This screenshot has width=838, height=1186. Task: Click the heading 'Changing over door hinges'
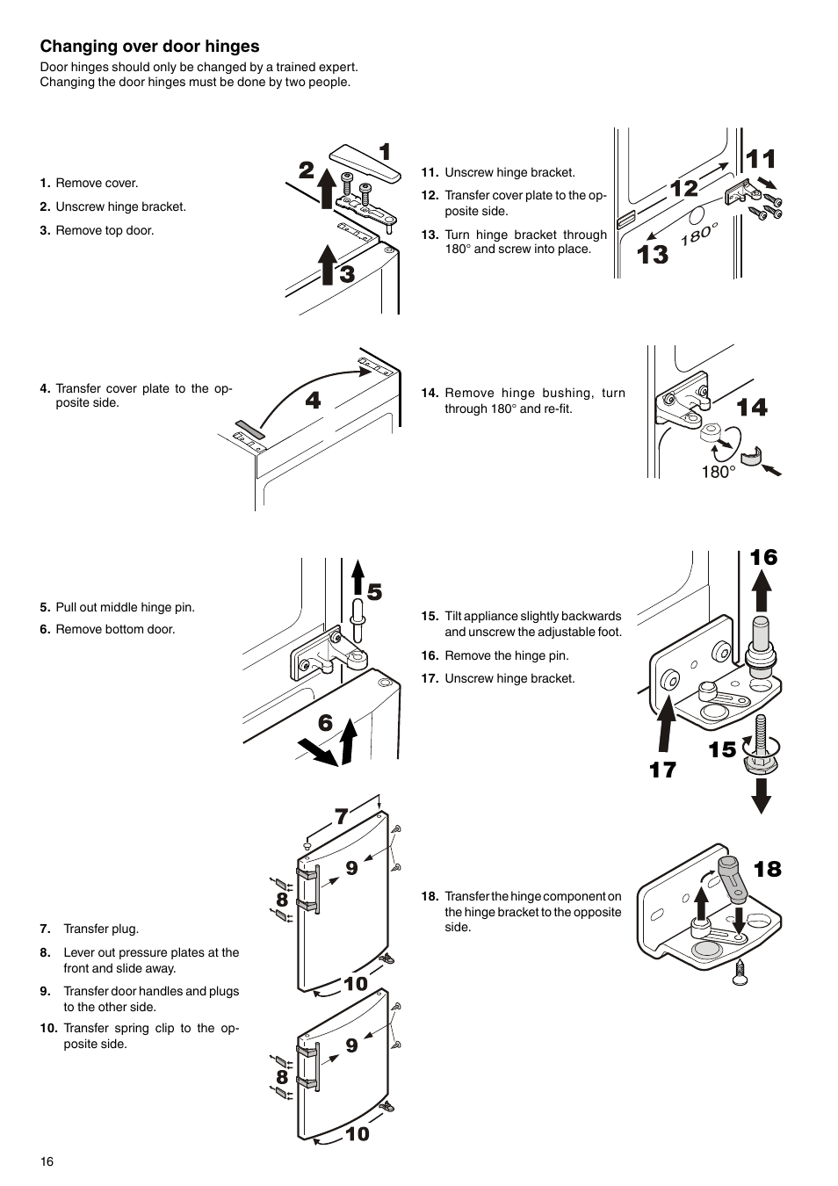pos(149,47)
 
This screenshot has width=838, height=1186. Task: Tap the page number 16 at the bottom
pos(47,1161)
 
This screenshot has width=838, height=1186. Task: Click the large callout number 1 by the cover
pos(384,152)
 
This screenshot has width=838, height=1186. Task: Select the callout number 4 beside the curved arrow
pos(313,401)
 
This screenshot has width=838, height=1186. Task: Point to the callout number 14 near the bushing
pos(752,408)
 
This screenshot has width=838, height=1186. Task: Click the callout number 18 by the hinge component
pos(767,869)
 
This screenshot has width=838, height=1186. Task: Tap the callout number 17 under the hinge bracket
pos(662,770)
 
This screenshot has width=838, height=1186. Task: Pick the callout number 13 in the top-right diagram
pos(653,255)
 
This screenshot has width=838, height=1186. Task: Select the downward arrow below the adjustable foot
pos(762,794)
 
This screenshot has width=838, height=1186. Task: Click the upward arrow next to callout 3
pos(327,265)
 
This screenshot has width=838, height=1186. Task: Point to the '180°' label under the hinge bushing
pos(718,473)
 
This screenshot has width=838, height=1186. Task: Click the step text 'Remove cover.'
pos(97,184)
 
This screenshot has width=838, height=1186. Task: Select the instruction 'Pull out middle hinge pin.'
pos(125,608)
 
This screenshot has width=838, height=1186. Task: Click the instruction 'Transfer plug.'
pos(101,929)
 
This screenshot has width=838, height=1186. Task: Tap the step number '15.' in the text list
pos(430,617)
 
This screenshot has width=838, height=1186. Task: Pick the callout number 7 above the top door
pos(341,816)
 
